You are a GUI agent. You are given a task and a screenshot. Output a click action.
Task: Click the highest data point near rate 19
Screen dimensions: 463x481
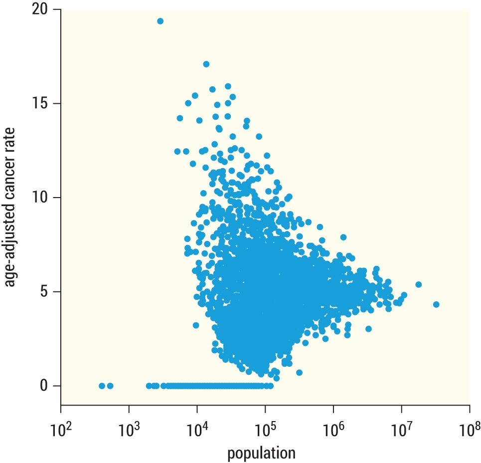point(160,21)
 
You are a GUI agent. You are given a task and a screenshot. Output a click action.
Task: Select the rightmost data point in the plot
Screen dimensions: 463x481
point(436,304)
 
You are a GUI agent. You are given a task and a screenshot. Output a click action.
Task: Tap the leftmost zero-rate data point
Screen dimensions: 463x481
point(102,386)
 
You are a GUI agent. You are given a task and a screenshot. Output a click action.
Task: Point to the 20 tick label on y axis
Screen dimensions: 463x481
point(43,9)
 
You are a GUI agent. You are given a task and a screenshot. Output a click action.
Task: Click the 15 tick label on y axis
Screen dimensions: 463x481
point(44,104)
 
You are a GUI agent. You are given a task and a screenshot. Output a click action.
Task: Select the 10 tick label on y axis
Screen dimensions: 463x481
point(44,198)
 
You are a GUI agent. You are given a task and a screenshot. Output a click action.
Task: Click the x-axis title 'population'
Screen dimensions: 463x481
point(262,453)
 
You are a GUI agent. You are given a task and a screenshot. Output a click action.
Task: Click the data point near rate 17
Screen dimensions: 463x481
point(206,64)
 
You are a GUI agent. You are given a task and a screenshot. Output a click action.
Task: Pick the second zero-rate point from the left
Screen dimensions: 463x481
point(110,386)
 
